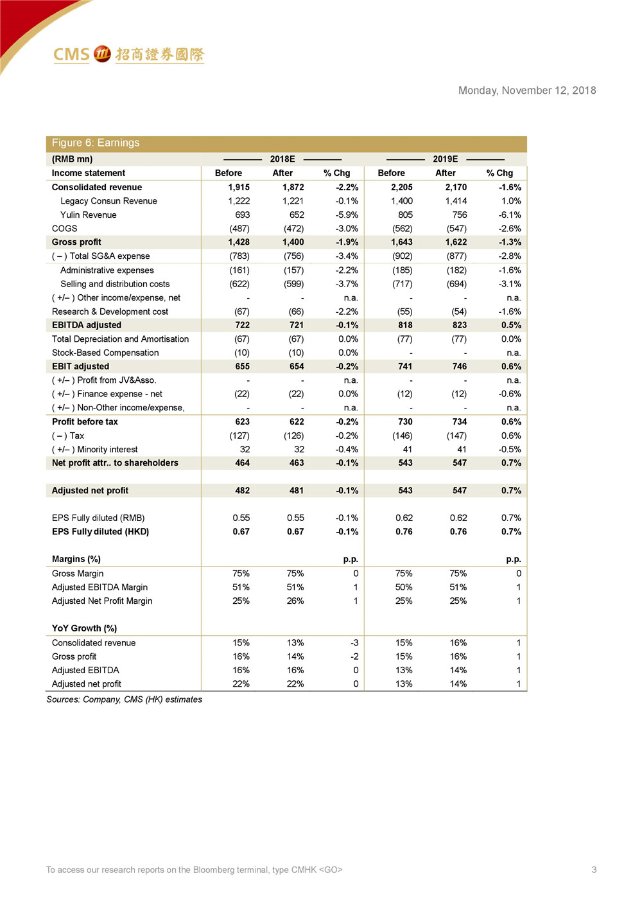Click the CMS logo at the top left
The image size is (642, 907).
(128, 55)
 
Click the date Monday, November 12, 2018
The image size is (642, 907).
(526, 91)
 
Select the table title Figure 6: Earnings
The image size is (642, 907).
(96, 143)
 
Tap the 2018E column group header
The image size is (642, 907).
(282, 159)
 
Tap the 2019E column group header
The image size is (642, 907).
(445, 159)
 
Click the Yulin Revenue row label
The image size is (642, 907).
(89, 215)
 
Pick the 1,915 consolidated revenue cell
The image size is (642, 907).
(239, 188)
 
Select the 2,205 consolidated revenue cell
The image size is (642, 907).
(402, 188)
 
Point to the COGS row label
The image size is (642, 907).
(64, 229)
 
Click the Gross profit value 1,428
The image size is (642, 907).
(239, 242)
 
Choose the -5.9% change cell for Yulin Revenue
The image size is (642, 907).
(347, 215)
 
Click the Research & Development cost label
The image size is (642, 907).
(110, 312)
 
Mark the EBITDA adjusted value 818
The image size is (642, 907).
(405, 325)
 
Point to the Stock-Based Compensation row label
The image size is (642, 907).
(105, 353)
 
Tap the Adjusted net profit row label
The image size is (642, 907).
(90, 491)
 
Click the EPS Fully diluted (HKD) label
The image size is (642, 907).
(100, 532)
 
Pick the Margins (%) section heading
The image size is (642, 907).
(76, 559)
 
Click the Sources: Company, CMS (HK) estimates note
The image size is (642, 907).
(124, 700)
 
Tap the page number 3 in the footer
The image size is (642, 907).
(594, 870)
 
